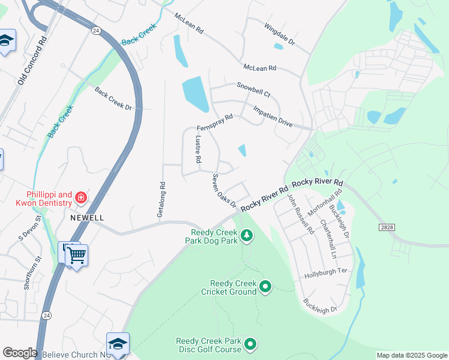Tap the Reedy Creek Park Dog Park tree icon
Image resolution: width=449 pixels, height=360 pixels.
click(246, 236)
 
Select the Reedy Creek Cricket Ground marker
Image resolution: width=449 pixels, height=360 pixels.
click(266, 287)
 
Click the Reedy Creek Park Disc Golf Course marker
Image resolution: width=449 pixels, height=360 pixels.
click(250, 344)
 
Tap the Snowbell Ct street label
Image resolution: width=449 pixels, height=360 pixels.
click(253, 90)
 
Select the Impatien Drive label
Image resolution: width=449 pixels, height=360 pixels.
click(273, 116)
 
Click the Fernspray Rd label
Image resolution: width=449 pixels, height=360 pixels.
click(214, 122)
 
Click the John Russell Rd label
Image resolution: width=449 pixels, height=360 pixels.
click(300, 214)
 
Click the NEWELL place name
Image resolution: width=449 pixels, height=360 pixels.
click(87, 217)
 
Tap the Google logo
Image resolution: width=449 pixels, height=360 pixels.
click(20, 353)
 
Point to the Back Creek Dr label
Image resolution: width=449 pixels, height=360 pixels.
click(113, 98)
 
